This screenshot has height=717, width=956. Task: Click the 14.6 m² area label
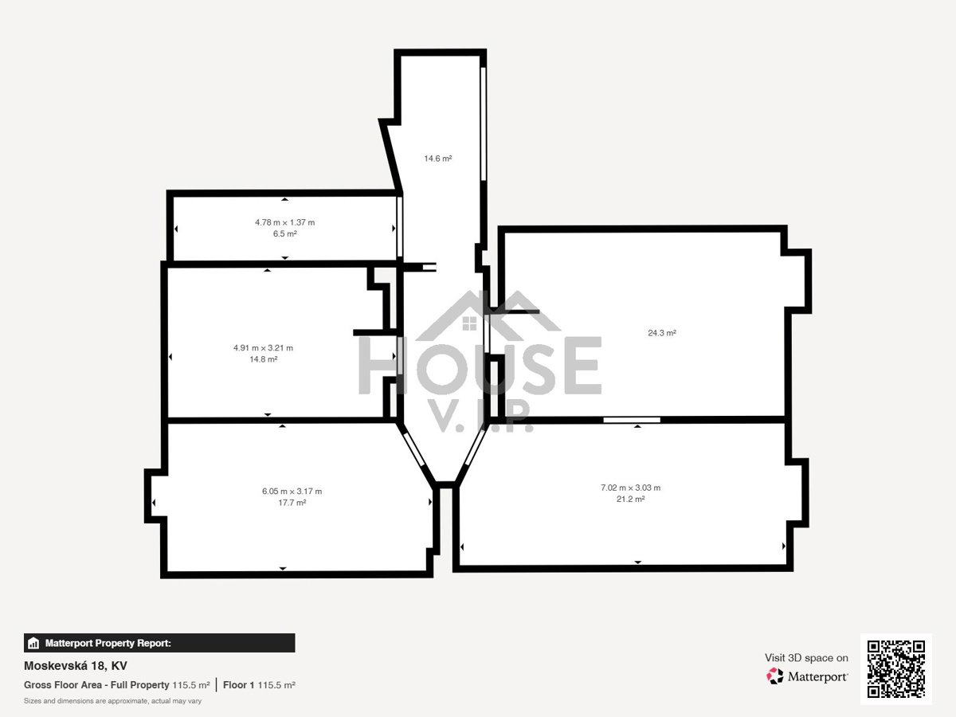click(437, 159)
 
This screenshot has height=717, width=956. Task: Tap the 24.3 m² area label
click(661, 333)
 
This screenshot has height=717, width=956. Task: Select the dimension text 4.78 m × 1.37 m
click(285, 222)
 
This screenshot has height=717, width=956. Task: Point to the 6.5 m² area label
click(285, 233)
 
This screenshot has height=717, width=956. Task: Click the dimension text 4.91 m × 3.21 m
click(263, 348)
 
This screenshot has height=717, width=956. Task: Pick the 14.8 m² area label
click(263, 359)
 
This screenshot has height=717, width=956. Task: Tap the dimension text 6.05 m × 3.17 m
click(292, 492)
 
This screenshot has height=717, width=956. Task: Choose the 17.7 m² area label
click(292, 503)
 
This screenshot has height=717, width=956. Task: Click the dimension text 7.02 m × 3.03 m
click(630, 488)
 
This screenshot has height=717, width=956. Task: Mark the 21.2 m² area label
click(630, 500)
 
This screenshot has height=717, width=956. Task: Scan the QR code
click(896, 668)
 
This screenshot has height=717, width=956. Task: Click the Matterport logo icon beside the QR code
click(774, 676)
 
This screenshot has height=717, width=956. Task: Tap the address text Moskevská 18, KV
click(76, 666)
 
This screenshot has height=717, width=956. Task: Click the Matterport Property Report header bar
click(159, 643)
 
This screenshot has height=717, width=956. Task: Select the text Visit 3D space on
click(806, 658)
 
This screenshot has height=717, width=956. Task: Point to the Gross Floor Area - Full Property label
click(96, 685)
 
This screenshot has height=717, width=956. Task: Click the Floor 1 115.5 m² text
click(259, 685)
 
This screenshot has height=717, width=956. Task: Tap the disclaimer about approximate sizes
click(113, 701)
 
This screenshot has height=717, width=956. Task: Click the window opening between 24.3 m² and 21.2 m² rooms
click(632, 420)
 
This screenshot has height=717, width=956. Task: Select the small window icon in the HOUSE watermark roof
click(469, 323)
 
